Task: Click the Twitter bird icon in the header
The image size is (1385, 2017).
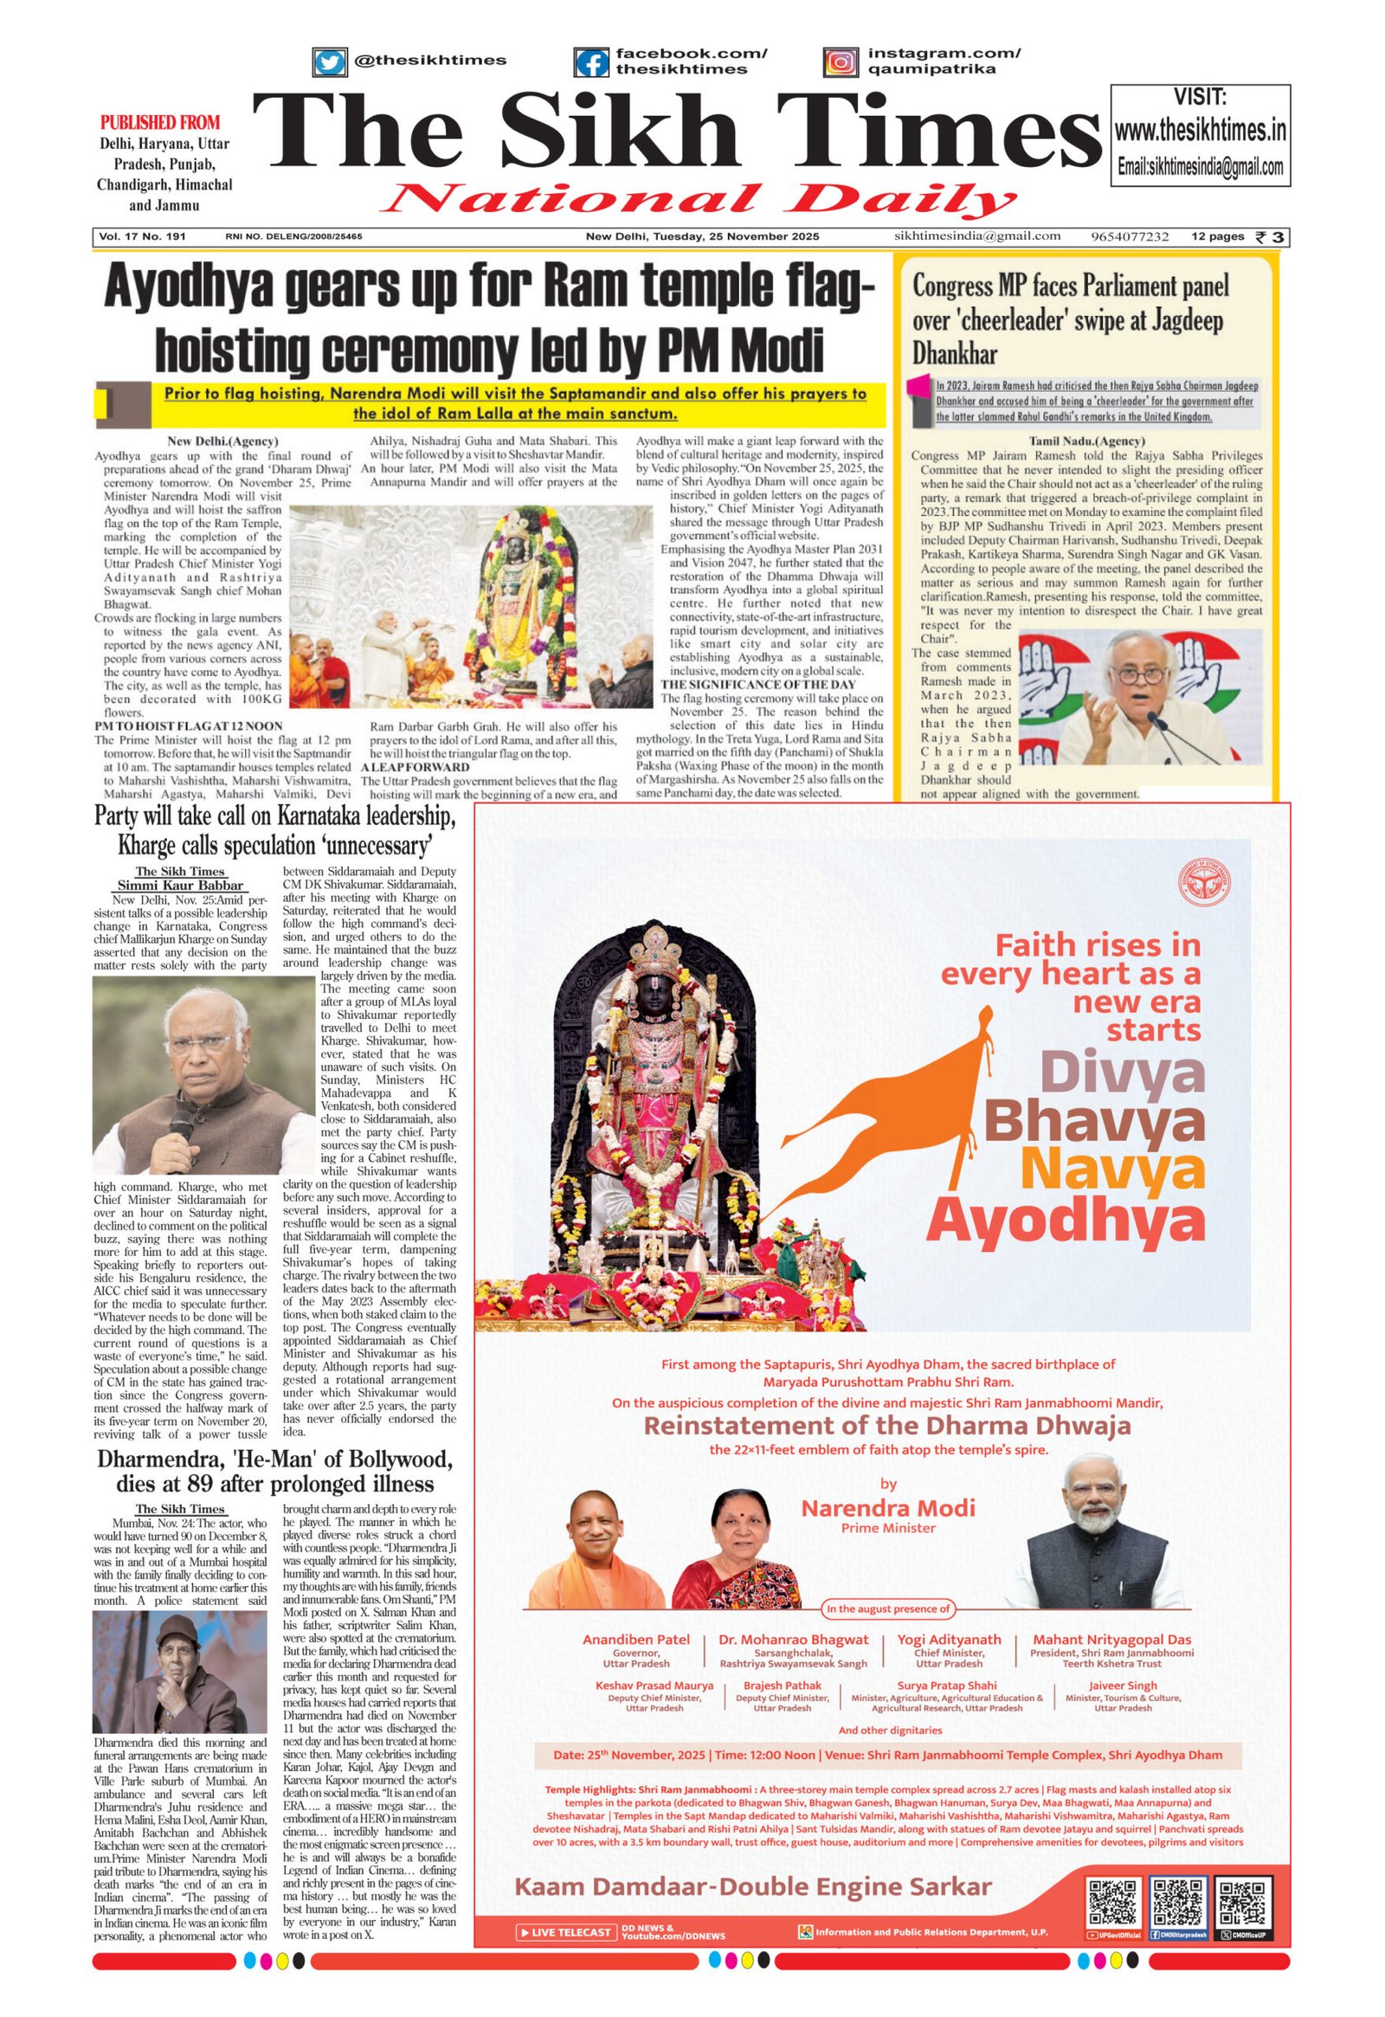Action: pyautogui.click(x=329, y=62)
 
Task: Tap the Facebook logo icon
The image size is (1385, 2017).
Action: pyautogui.click(x=591, y=62)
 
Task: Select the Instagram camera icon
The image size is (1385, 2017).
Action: pyautogui.click(x=840, y=62)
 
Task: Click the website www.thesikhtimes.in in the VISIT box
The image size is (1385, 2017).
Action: pyautogui.click(x=1200, y=131)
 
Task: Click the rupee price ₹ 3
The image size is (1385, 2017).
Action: pyautogui.click(x=1272, y=237)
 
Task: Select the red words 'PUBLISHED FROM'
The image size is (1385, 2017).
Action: pyautogui.click(x=160, y=122)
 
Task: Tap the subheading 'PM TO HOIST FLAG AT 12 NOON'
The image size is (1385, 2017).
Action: pyautogui.click(x=189, y=725)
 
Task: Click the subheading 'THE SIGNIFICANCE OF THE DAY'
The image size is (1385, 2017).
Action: pyautogui.click(x=758, y=684)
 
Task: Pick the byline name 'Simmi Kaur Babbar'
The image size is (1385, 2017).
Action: pyautogui.click(x=182, y=886)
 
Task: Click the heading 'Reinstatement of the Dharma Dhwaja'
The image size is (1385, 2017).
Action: pyautogui.click(x=887, y=1425)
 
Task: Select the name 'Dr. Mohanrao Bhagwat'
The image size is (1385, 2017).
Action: pyautogui.click(x=793, y=1640)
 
